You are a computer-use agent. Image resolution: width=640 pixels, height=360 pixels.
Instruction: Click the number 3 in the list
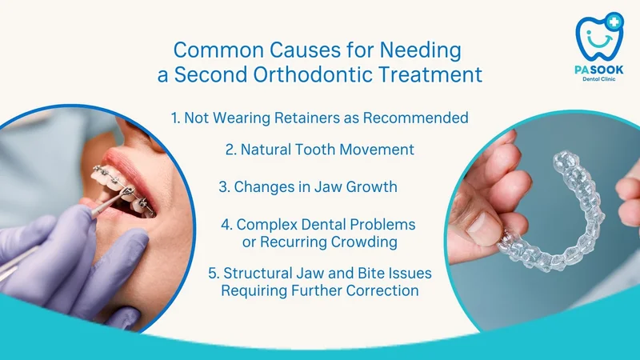click(224, 187)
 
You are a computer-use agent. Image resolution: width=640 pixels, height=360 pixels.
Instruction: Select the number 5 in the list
click(213, 273)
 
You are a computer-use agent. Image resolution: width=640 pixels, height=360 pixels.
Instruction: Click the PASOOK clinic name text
click(598, 70)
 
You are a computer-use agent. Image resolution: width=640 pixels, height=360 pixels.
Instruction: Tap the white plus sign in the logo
click(614, 22)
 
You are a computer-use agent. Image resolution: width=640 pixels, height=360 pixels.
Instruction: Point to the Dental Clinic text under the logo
click(598, 78)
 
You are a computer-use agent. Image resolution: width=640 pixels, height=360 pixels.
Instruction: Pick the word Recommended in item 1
click(415, 118)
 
